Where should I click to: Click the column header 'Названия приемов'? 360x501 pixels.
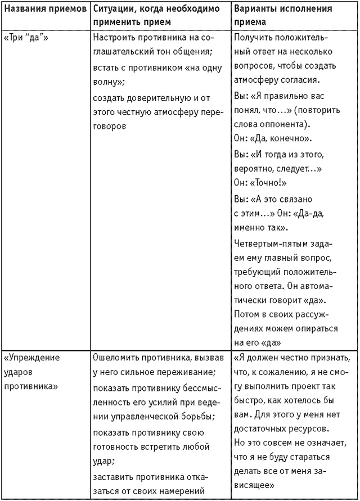(45, 10)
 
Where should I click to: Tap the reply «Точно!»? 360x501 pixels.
(268, 183)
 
